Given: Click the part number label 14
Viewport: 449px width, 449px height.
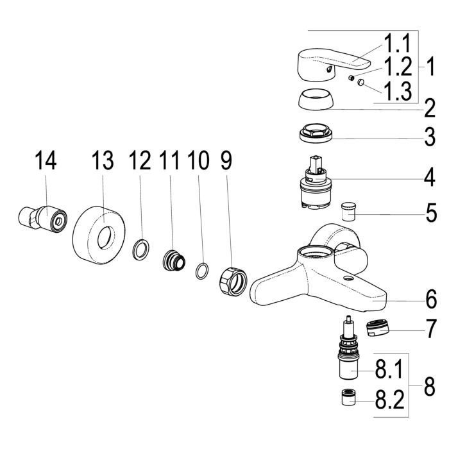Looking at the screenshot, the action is [x=46, y=160].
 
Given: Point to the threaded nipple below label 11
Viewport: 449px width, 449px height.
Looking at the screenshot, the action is [x=174, y=260].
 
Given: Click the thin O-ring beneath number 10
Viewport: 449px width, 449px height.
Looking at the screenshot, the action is [x=202, y=271].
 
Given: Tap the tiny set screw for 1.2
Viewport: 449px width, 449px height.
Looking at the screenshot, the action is [x=352, y=78].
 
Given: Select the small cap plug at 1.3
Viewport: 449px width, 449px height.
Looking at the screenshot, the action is [x=360, y=83].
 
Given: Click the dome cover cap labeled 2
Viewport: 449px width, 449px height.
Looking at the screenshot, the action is [x=316, y=99].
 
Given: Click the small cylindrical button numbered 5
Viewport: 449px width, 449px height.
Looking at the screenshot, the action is [x=349, y=212].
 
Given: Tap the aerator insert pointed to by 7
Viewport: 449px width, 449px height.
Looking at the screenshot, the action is [x=378, y=328].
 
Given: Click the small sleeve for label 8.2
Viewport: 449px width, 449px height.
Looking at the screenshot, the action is [x=349, y=397].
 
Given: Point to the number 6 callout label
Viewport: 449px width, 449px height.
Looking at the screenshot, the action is [x=432, y=299].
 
